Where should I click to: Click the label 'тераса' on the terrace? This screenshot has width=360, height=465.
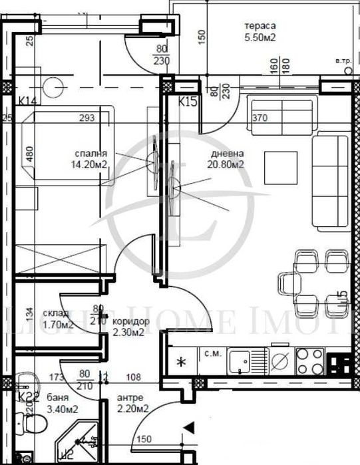click(260, 27)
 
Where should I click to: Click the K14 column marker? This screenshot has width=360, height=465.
click(27, 100)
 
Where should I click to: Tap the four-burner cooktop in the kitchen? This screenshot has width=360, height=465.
click(309, 362)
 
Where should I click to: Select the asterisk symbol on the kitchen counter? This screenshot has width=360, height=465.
click(180, 363)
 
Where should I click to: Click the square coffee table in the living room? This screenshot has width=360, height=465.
click(280, 167)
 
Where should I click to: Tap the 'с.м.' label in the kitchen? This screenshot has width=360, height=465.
click(212, 353)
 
